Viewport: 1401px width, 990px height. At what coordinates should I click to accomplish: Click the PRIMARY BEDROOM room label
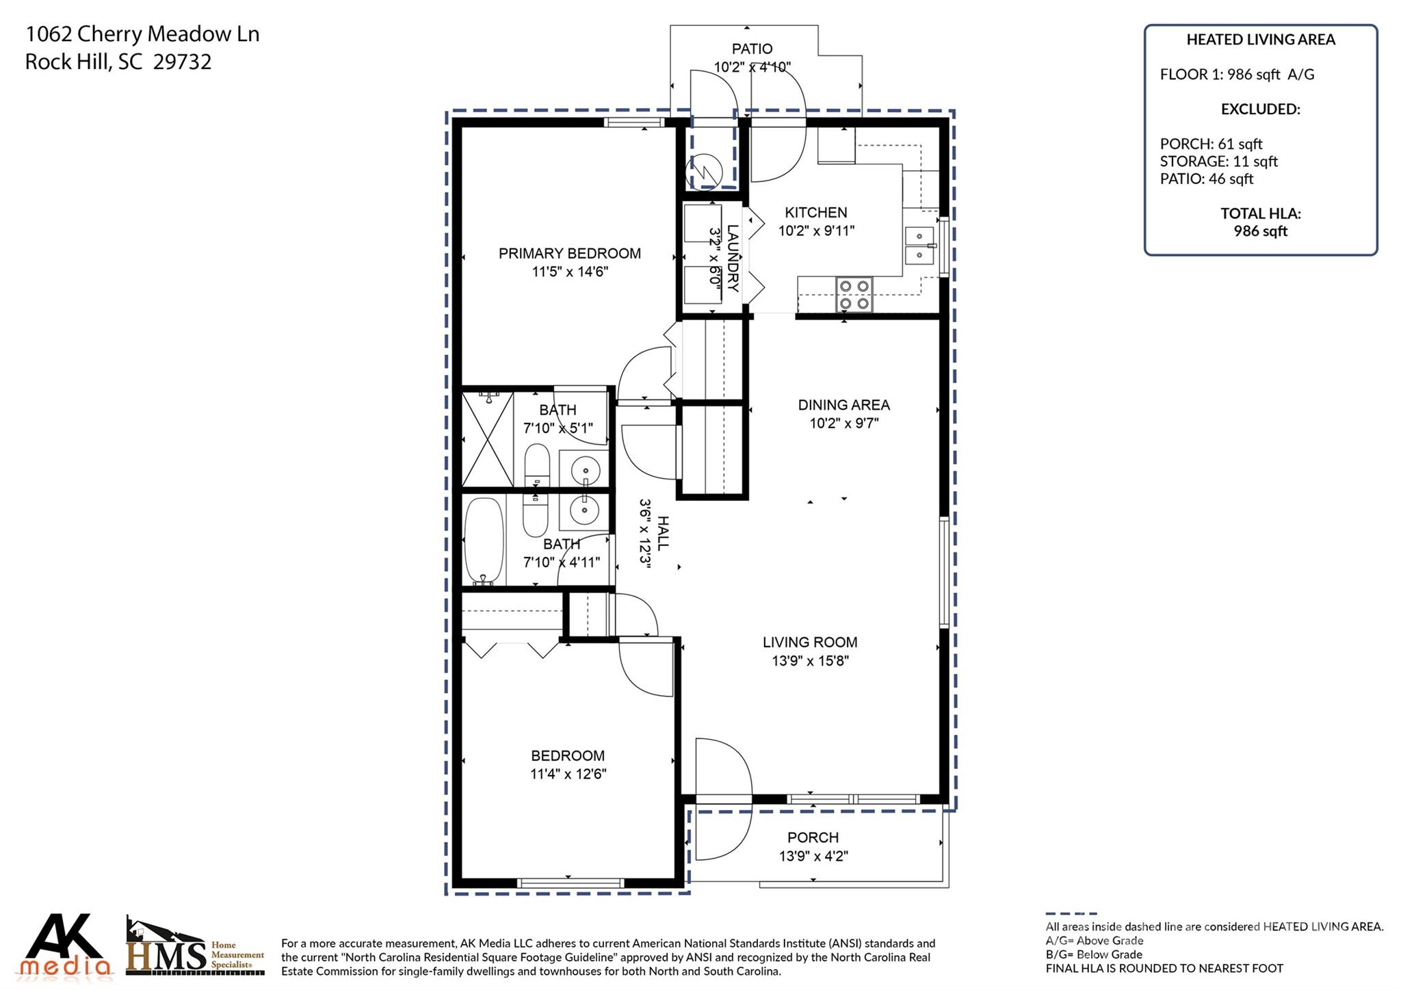click(570, 253)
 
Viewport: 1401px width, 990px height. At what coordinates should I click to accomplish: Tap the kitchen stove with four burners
click(854, 295)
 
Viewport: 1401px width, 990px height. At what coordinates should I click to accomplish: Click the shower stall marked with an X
click(488, 439)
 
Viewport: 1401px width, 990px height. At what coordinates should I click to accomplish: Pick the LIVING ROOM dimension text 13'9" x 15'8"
click(811, 660)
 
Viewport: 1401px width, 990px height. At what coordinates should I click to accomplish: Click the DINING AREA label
click(843, 405)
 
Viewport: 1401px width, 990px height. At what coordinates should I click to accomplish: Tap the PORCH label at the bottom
click(813, 837)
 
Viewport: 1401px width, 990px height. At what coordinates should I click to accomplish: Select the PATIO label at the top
click(752, 49)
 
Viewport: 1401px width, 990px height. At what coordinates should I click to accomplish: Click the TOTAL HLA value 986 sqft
click(1261, 231)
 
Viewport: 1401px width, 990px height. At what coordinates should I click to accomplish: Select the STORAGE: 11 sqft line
click(1218, 161)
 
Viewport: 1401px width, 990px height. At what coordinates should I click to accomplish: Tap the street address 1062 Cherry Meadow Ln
click(142, 34)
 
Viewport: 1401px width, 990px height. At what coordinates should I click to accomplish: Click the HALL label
click(663, 533)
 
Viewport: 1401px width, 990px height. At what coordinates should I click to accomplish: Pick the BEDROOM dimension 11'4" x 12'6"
click(568, 774)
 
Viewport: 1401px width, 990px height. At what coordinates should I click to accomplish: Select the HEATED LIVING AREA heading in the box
click(1261, 40)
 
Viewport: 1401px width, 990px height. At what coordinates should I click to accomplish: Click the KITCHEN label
click(815, 213)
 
